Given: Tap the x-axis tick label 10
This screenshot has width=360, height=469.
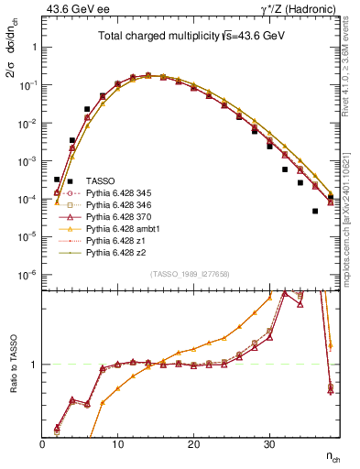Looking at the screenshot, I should [117, 444].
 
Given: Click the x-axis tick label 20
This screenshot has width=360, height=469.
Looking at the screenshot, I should [192, 444].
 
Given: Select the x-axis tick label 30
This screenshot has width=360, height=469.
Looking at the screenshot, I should [267, 444].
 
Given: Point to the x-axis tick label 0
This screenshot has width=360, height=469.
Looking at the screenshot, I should [43, 444].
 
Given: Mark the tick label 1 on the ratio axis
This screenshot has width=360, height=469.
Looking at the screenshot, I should [35, 365].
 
